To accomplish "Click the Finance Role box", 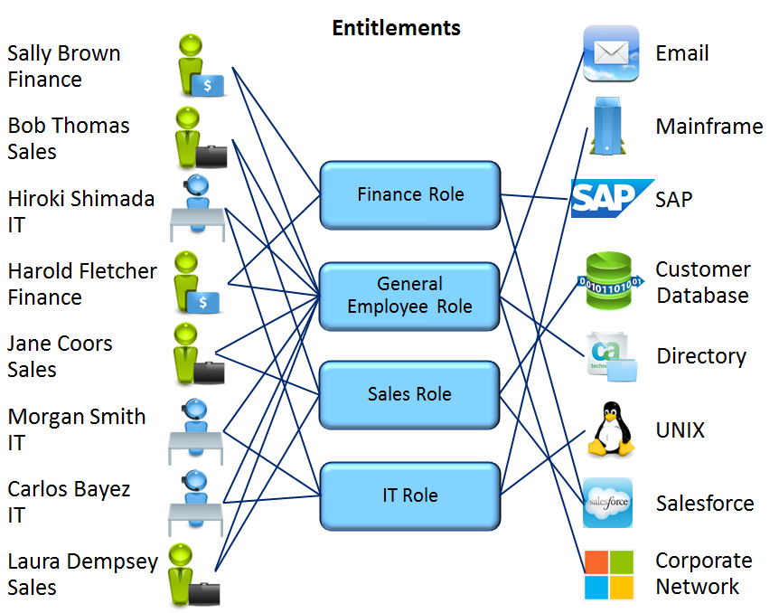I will tap(409, 194).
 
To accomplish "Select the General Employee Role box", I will tap(409, 295).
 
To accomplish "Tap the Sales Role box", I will tap(409, 394).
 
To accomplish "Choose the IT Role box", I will tap(409, 495).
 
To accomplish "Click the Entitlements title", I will tap(396, 28).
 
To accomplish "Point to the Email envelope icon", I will tap(611, 52).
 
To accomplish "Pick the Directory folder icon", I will tap(612, 357).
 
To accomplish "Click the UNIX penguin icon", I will tap(611, 429).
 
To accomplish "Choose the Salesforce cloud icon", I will tap(608, 503).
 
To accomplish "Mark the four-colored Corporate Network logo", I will tap(609, 574).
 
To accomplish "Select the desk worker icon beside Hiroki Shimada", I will tap(197, 209).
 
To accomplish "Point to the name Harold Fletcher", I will tap(82, 271).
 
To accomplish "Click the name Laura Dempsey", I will tap(82, 561).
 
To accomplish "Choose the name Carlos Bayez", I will tap(69, 489).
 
